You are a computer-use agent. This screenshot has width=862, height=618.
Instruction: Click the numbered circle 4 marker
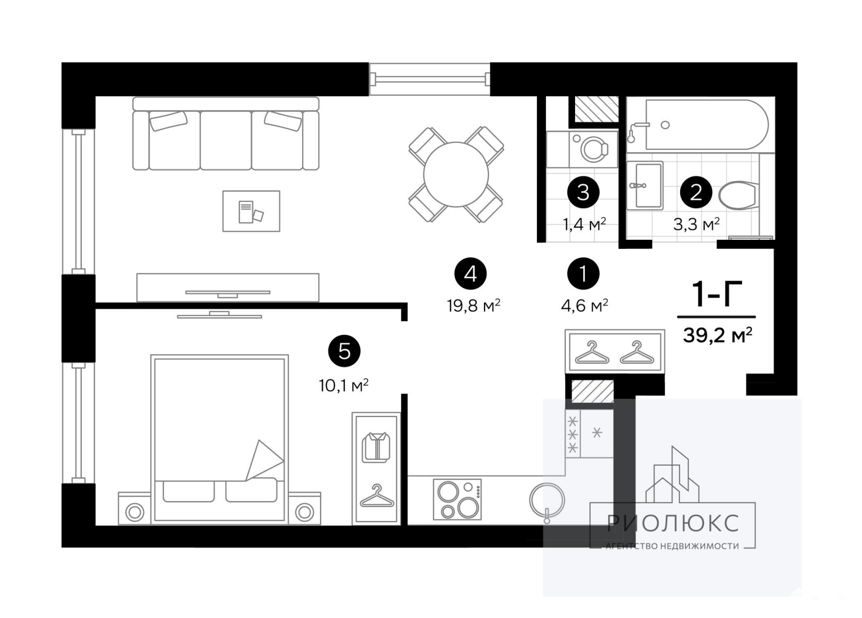point(470,274)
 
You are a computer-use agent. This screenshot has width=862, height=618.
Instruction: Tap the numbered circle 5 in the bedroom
point(344,351)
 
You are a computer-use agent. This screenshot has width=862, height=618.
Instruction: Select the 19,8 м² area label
point(473,306)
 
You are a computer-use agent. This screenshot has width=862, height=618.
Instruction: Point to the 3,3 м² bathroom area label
point(696,224)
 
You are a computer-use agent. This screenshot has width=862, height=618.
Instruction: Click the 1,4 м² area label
point(584,224)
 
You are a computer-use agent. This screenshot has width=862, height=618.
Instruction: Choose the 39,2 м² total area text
point(717,335)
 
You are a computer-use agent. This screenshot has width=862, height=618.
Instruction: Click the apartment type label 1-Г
point(717,294)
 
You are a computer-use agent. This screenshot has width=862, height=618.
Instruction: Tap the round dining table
point(456,174)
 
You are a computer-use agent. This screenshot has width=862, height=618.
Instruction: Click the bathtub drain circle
point(665,125)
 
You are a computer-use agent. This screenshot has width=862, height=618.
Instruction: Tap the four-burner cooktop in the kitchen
point(457,499)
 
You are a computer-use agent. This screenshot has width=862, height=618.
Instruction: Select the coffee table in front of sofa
point(251,211)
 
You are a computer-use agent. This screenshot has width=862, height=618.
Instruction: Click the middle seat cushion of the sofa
point(225,140)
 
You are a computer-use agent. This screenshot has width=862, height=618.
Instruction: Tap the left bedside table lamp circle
point(135,512)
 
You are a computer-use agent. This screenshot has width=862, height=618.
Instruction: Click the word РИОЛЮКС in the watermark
point(673,523)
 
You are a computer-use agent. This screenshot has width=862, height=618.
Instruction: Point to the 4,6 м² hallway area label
point(585,306)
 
